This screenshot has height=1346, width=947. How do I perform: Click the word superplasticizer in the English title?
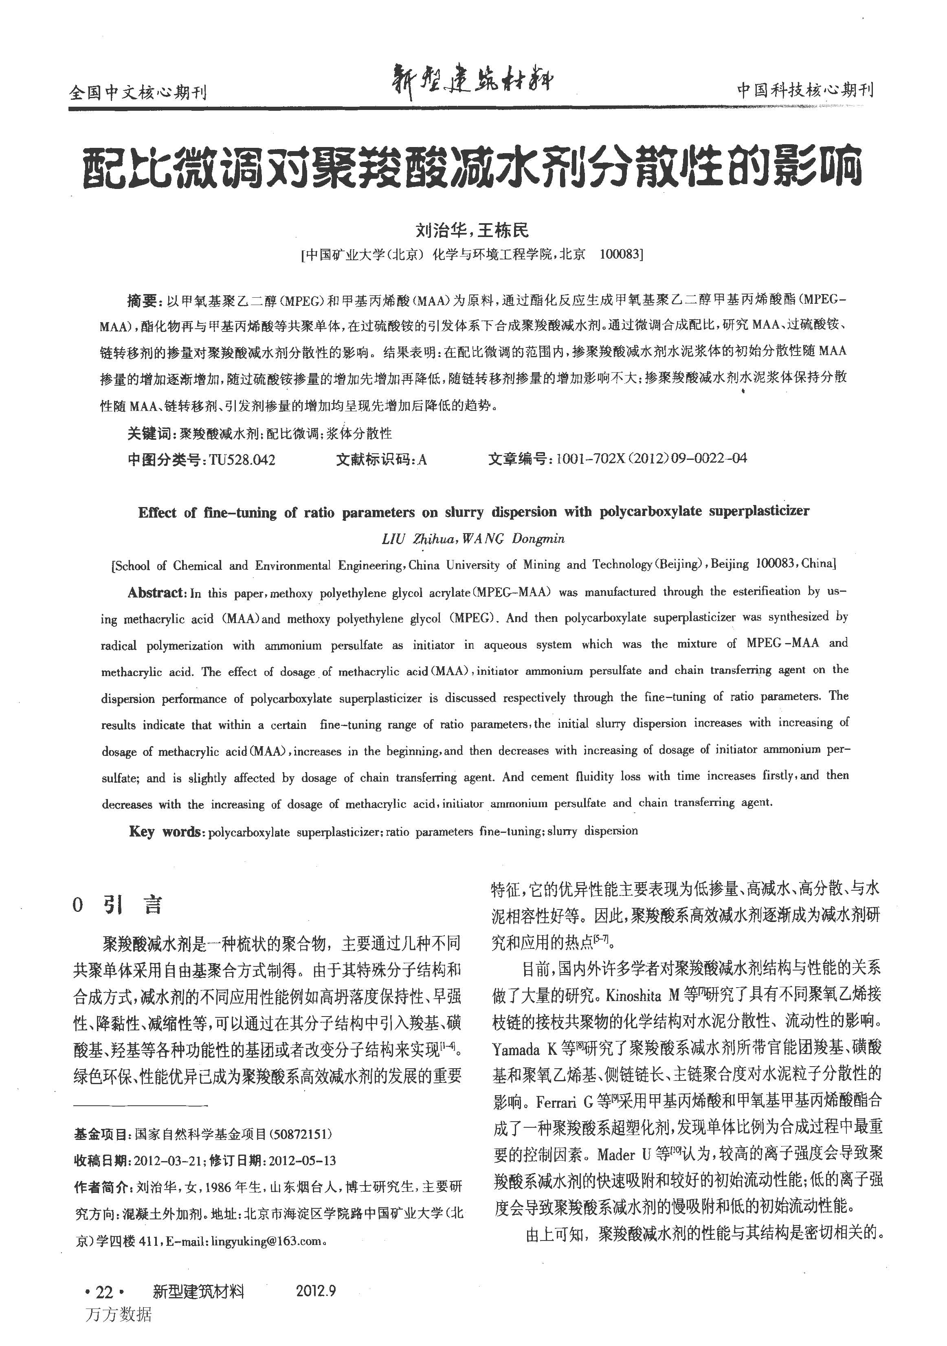[759, 511]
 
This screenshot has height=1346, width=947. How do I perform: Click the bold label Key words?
[166, 832]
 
